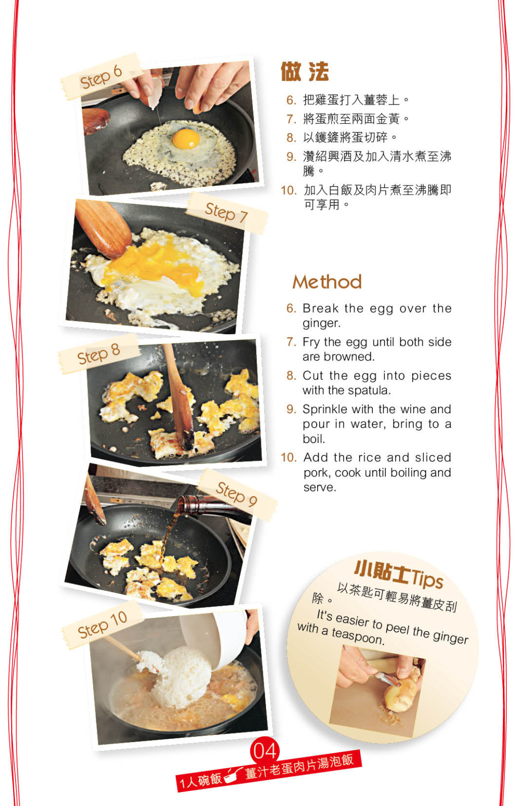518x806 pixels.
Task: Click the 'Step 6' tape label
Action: (x=101, y=76)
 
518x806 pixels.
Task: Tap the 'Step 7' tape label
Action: (x=227, y=213)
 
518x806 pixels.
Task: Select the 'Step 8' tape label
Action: (x=98, y=353)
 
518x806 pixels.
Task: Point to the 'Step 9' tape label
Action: (x=237, y=494)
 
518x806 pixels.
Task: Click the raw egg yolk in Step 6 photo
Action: (x=186, y=139)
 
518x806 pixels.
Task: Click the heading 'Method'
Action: (x=327, y=282)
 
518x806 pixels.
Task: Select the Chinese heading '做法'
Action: (x=305, y=71)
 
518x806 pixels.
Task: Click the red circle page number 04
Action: (x=265, y=750)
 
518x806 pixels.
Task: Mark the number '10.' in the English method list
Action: (x=289, y=458)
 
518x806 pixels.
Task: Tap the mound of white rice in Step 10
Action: (x=178, y=677)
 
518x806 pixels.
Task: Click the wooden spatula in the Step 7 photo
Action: (x=103, y=229)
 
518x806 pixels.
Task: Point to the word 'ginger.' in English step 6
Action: (x=321, y=324)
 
